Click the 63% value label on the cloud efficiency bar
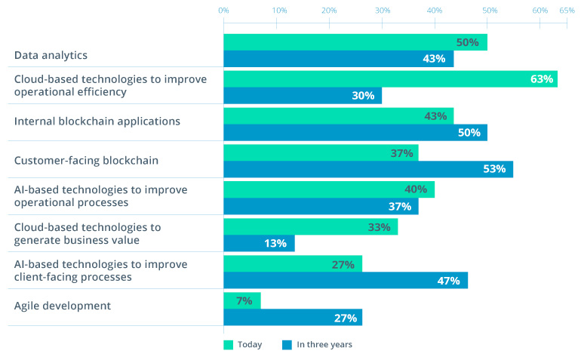point(542,78)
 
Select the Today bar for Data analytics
point(355,42)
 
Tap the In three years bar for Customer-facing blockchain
point(367,169)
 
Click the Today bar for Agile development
point(241,300)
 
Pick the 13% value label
point(275,243)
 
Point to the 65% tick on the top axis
point(567,11)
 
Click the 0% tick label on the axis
point(223,11)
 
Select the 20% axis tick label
point(328,11)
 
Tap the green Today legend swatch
point(228,345)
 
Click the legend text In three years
point(324,345)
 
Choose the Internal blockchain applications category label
point(97,121)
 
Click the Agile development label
point(63,306)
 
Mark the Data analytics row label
point(51,55)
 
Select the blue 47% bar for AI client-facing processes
point(345,280)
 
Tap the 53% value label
point(494,169)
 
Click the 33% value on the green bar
point(379,226)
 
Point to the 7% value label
point(244,300)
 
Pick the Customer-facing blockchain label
point(87,160)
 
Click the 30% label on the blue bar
point(363,96)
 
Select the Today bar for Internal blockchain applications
point(338,115)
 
